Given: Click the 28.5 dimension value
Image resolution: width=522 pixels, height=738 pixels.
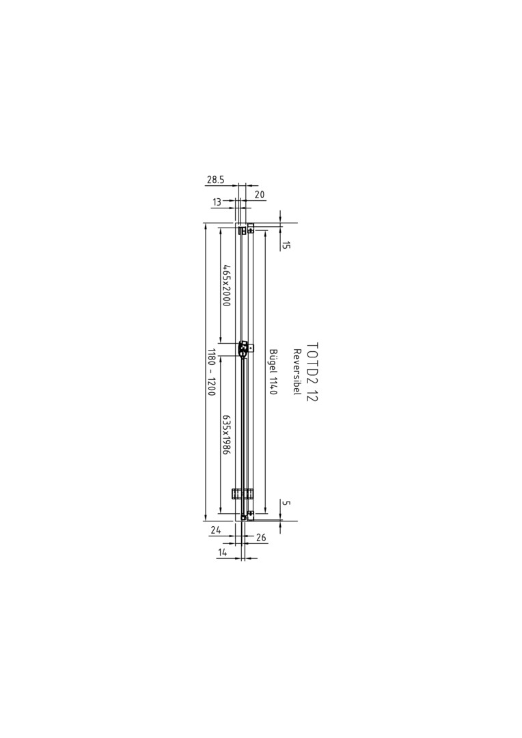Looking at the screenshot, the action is click(x=216, y=179).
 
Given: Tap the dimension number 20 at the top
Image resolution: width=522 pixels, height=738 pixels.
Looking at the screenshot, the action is click(x=260, y=194).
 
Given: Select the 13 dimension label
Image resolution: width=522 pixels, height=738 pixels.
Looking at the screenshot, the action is click(x=217, y=202).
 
